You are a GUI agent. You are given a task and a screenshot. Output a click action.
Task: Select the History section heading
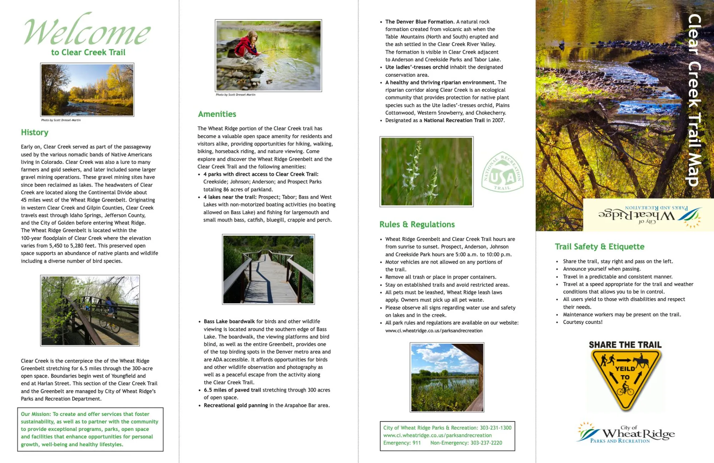point(35,132)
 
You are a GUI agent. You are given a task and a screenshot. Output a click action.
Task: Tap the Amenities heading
point(217,114)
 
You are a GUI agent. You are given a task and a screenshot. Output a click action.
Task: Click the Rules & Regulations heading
point(417,225)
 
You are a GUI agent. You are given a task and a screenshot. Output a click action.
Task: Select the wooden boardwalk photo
point(268,269)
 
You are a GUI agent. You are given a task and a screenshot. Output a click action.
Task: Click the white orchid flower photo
point(426,172)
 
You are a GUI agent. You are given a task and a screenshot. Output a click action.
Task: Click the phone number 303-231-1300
point(496,428)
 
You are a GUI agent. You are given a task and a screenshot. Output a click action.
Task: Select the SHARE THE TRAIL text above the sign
point(625,345)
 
